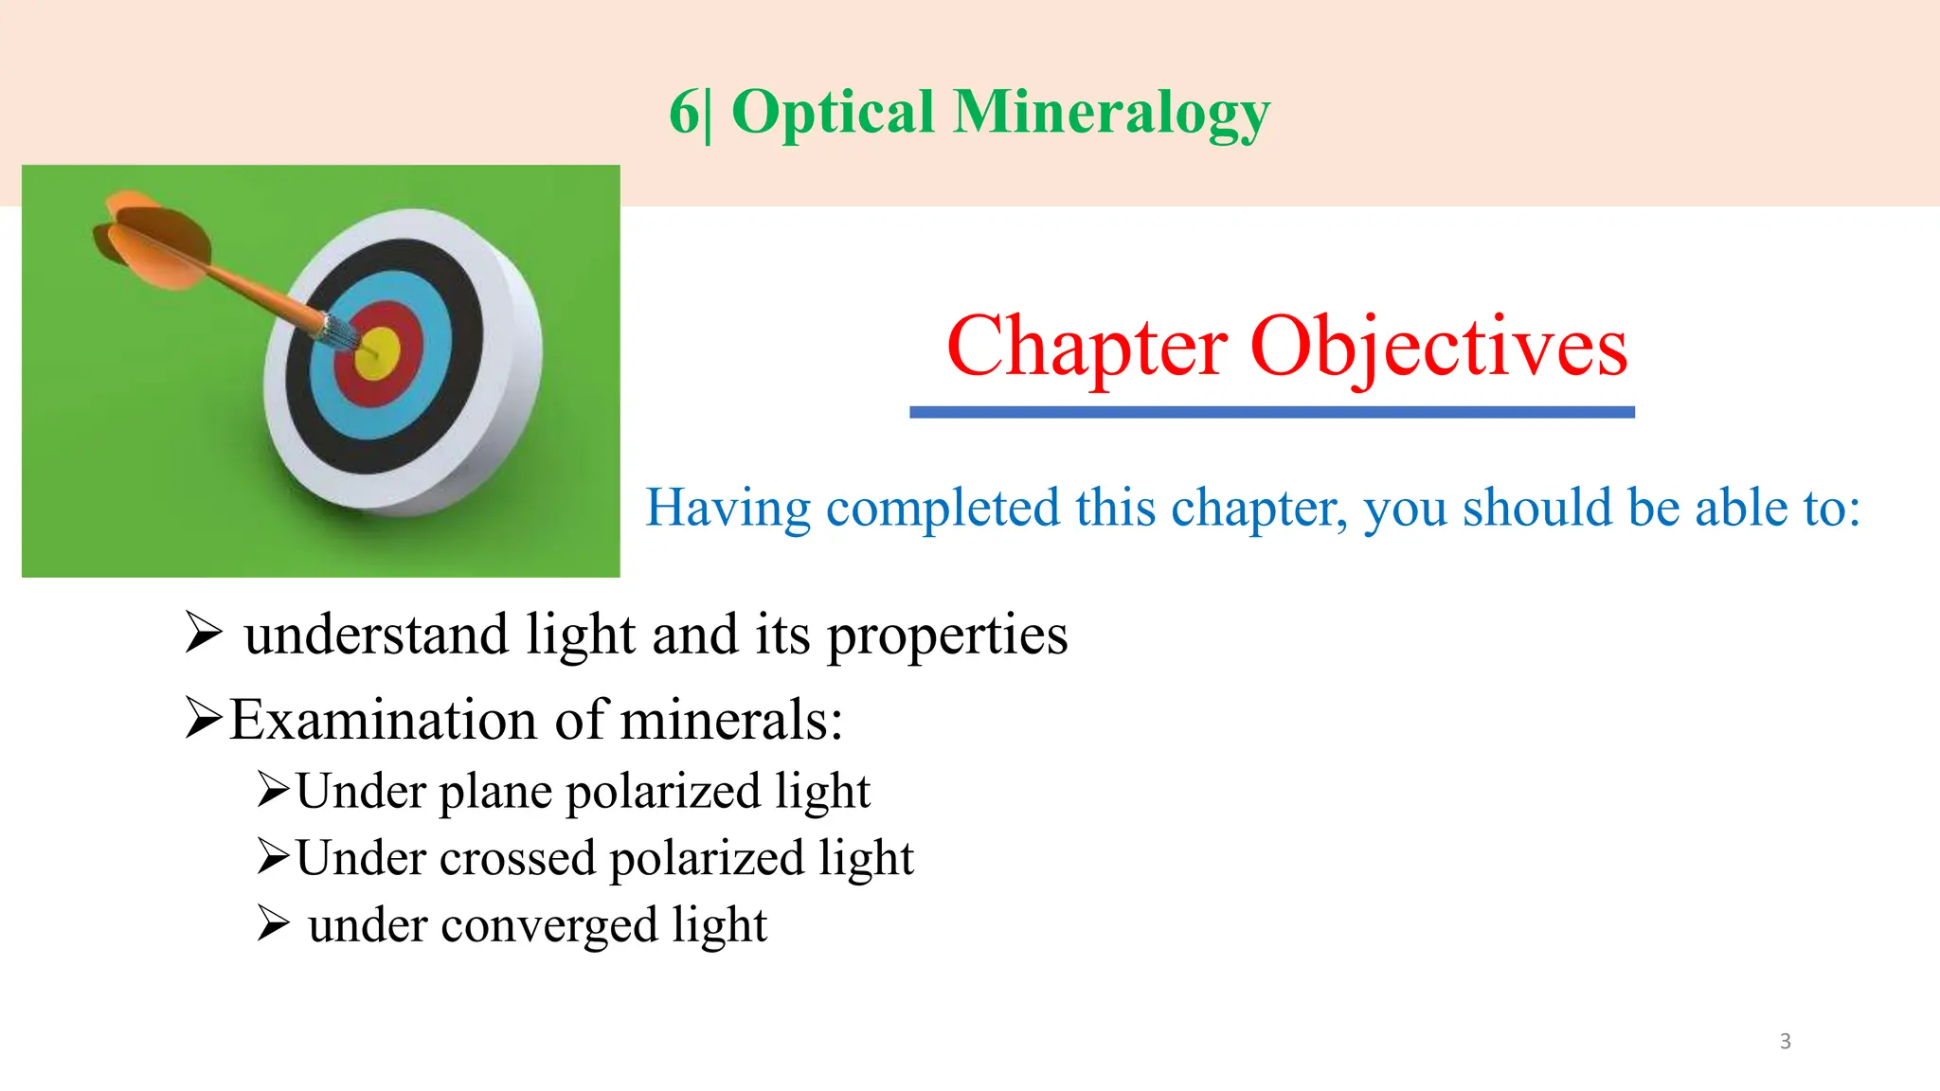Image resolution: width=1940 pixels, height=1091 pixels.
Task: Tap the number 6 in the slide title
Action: (x=684, y=114)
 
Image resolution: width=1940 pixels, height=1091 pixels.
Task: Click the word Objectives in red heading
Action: (x=1439, y=348)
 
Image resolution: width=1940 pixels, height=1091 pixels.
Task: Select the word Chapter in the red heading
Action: (x=1087, y=348)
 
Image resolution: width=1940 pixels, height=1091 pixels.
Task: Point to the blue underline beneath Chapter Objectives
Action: (x=1271, y=412)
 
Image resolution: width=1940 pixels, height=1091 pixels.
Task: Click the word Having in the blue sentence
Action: (x=727, y=508)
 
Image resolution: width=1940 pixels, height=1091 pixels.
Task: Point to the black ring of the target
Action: (x=464, y=313)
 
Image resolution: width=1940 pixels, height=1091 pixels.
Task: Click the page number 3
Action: (x=1786, y=1041)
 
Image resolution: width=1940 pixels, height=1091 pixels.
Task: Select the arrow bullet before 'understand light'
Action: (x=204, y=633)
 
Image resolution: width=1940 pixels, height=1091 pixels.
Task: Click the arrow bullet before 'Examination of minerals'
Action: (x=204, y=718)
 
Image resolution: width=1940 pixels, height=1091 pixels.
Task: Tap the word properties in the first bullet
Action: (x=947, y=635)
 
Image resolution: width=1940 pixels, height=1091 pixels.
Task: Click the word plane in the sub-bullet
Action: (x=495, y=792)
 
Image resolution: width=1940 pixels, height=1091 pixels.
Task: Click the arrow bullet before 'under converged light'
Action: (x=273, y=923)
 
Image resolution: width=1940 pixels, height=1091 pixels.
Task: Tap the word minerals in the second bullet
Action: (x=730, y=720)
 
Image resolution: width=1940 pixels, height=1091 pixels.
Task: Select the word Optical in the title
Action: (x=834, y=114)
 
